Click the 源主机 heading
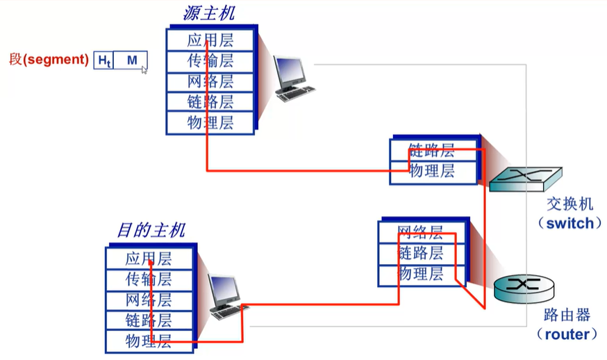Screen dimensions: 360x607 (209, 13)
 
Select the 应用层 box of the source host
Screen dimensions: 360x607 (210, 40)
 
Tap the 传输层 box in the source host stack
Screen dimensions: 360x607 (210, 60)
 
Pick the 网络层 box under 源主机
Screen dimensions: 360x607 (210, 81)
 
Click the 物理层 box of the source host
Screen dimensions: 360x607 (210, 123)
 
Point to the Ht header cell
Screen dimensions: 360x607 (103, 60)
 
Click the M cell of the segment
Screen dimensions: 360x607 (131, 60)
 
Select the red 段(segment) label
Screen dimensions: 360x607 (48, 60)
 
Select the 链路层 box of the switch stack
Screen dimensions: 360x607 (432, 149)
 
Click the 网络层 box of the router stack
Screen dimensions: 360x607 (420, 232)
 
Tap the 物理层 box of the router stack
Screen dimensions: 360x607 (420, 274)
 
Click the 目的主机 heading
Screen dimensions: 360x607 (150, 231)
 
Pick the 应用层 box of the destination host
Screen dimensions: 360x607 (149, 259)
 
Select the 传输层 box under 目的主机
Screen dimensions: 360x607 (149, 279)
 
